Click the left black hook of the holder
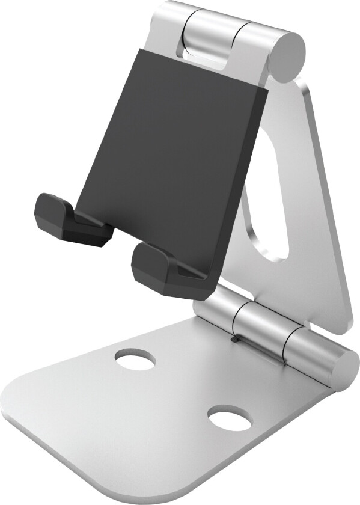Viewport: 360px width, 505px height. click(x=69, y=219)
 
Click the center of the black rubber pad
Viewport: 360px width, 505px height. click(x=174, y=150)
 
